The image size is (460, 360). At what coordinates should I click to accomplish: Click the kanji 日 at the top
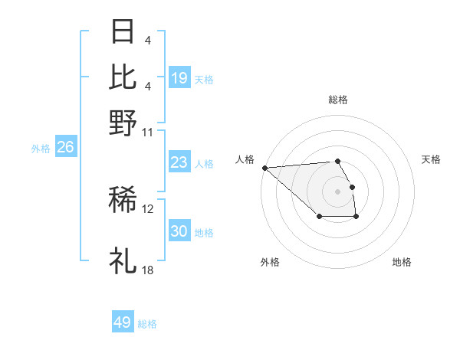[123, 32]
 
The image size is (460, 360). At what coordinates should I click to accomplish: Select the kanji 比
[123, 77]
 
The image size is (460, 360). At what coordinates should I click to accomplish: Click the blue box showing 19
[179, 78]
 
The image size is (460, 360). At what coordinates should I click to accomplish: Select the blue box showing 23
[179, 162]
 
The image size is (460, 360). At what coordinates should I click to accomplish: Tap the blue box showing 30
[179, 231]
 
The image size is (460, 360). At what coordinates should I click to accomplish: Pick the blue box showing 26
[65, 147]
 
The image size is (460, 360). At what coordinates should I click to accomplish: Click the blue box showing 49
[123, 322]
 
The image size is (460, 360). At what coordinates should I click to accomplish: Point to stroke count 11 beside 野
[148, 131]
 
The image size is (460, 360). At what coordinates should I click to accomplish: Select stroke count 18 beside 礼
[148, 270]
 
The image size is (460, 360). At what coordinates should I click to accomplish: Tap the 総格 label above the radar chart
[338, 100]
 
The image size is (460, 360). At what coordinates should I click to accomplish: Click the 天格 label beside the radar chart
[432, 159]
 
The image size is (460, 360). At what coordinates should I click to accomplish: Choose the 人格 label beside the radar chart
[245, 159]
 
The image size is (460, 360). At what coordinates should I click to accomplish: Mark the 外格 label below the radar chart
[270, 262]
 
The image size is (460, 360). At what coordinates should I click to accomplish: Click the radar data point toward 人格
[264, 167]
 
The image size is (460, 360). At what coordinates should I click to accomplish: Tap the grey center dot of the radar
[338, 191]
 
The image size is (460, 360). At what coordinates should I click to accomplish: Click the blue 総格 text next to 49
[147, 324]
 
